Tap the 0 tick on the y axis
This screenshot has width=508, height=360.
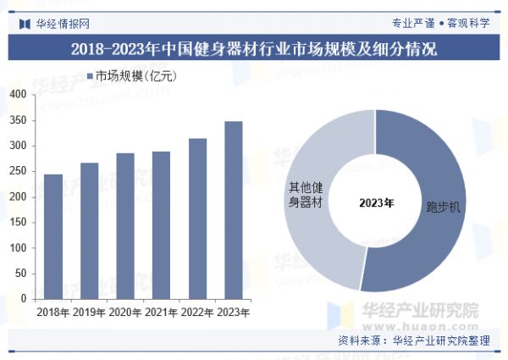click(23, 299)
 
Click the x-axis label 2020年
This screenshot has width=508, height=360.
click(125, 313)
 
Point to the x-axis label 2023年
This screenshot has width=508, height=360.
click(233, 313)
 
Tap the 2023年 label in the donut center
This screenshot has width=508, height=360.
click(376, 202)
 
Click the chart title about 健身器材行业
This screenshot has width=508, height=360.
click(254, 48)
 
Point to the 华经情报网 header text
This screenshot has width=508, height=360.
click(63, 23)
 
